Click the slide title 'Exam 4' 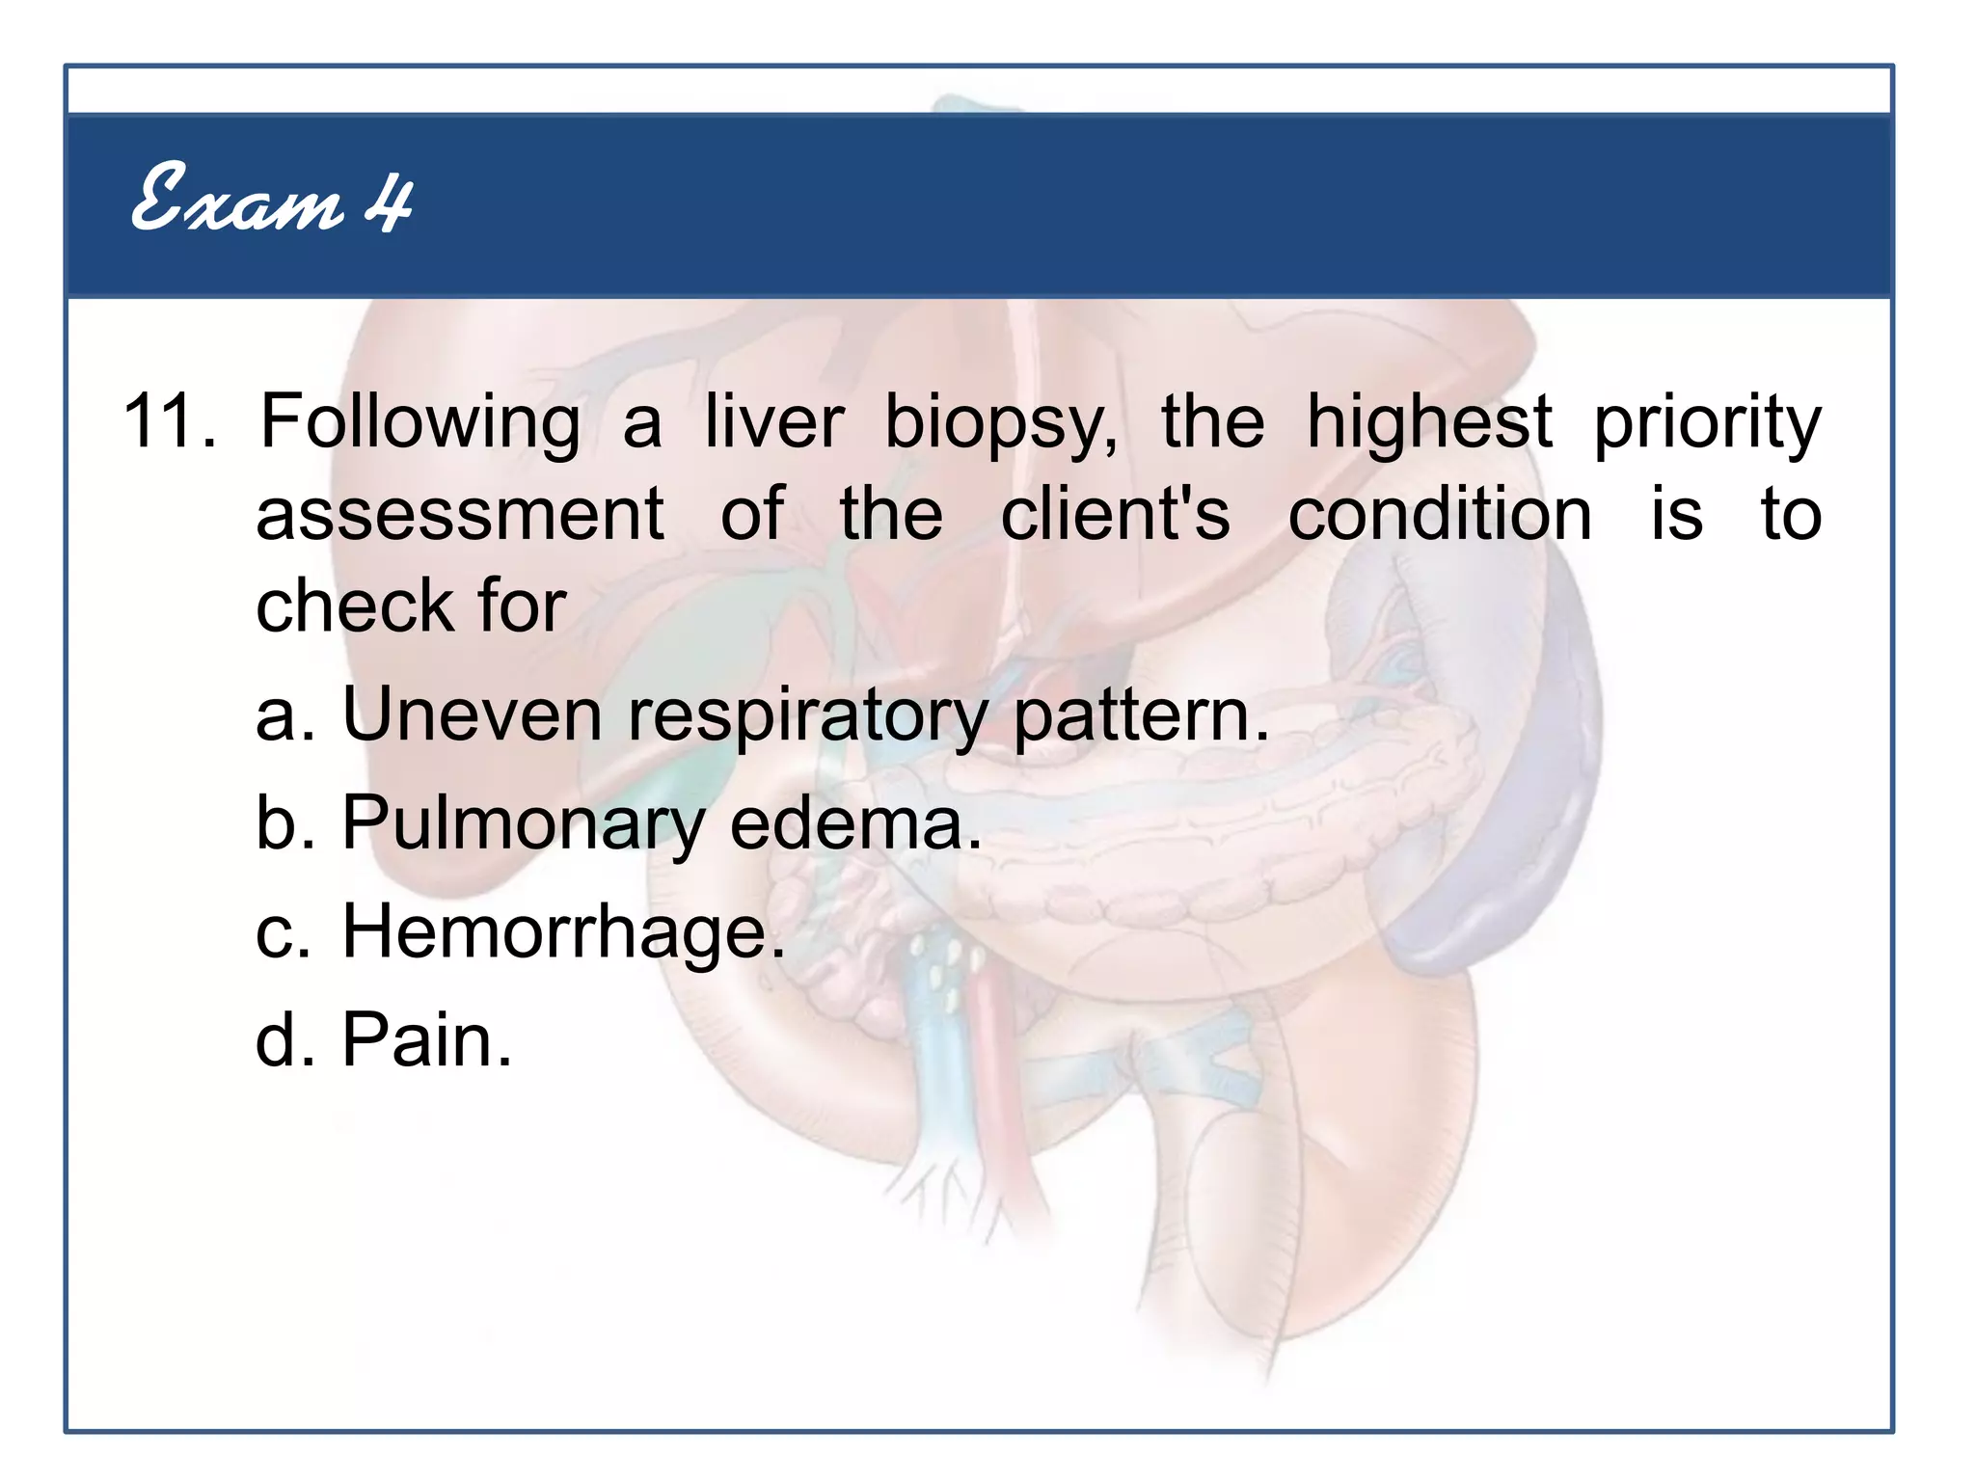(x=272, y=200)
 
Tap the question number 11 (x=166, y=421)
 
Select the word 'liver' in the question (x=773, y=421)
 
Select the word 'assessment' (x=460, y=514)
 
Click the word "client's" (x=1115, y=514)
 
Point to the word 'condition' (x=1440, y=514)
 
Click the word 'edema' (x=852, y=822)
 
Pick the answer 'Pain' (x=424, y=1039)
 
